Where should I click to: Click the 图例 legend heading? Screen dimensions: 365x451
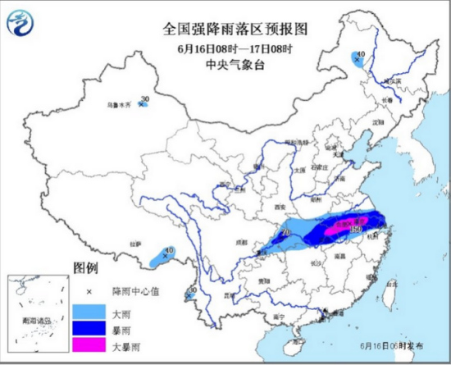pyautogui.click(x=85, y=269)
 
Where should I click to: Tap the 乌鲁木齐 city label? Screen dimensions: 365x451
pyautogui.click(x=120, y=105)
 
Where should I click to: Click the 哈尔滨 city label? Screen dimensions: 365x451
pyautogui.click(x=394, y=82)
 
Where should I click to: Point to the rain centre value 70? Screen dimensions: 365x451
pyautogui.click(x=286, y=232)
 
